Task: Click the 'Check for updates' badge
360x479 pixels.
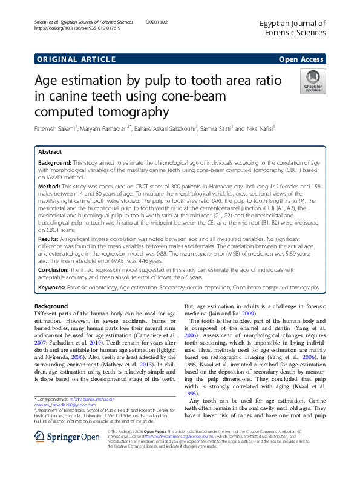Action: point(313,82)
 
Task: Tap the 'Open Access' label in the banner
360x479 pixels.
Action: point(302,59)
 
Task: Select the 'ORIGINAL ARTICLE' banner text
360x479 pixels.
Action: point(76,59)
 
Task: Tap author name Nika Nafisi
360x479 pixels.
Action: point(260,128)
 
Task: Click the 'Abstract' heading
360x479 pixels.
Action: point(50,152)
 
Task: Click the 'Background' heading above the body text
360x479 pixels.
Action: point(51,306)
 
